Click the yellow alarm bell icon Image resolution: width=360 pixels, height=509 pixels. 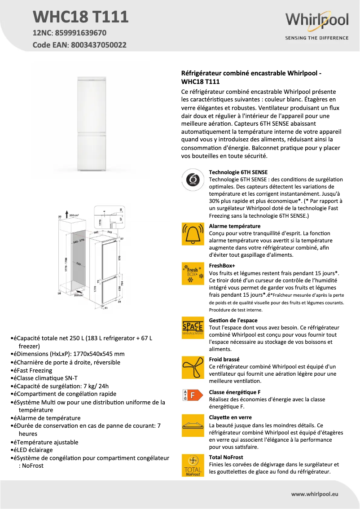(x=193, y=234)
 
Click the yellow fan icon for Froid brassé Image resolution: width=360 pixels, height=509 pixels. (x=193, y=368)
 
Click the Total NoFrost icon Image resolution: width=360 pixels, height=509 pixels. (x=193, y=465)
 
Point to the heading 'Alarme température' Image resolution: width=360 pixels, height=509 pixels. (x=235, y=226)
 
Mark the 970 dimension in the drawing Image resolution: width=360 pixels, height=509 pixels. (x=120, y=258)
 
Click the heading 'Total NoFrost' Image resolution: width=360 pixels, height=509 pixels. (x=226, y=457)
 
